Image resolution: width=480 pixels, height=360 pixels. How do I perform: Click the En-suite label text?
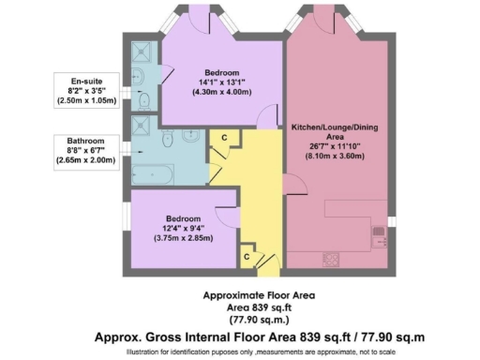pyautogui.click(x=92, y=80)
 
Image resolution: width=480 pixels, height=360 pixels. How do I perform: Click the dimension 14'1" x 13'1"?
pyautogui.click(x=222, y=82)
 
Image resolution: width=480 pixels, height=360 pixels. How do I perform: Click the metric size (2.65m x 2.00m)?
pyautogui.click(x=92, y=160)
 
